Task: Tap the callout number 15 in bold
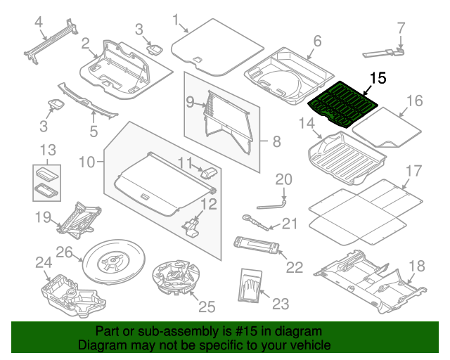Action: (378, 79)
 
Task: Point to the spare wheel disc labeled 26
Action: (112, 263)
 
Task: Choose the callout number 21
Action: (290, 224)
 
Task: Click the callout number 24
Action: (44, 263)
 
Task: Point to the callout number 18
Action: (417, 265)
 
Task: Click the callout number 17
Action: (413, 171)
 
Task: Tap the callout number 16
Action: (414, 101)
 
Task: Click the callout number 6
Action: (316, 41)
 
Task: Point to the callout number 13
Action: (46, 150)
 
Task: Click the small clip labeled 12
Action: (192, 225)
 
